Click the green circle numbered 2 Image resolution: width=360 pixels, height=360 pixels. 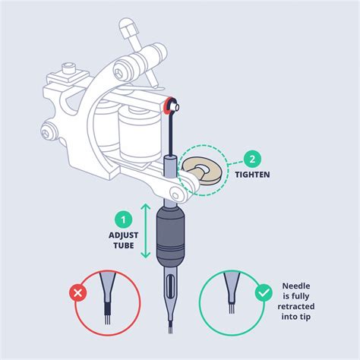252,159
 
